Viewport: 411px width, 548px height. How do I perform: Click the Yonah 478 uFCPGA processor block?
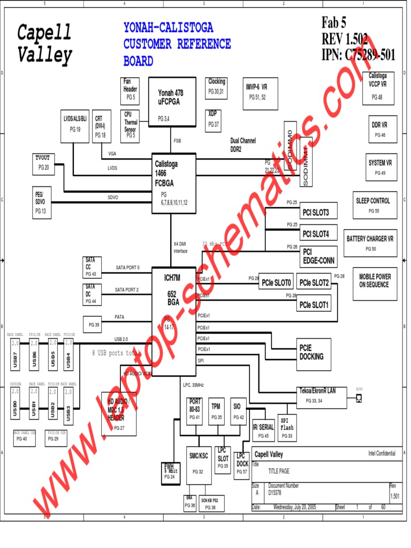point(171,101)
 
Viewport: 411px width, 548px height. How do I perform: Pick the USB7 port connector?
point(16,354)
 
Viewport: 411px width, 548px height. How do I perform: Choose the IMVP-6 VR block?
point(257,92)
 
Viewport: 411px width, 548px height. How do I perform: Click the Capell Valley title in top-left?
point(44,43)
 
